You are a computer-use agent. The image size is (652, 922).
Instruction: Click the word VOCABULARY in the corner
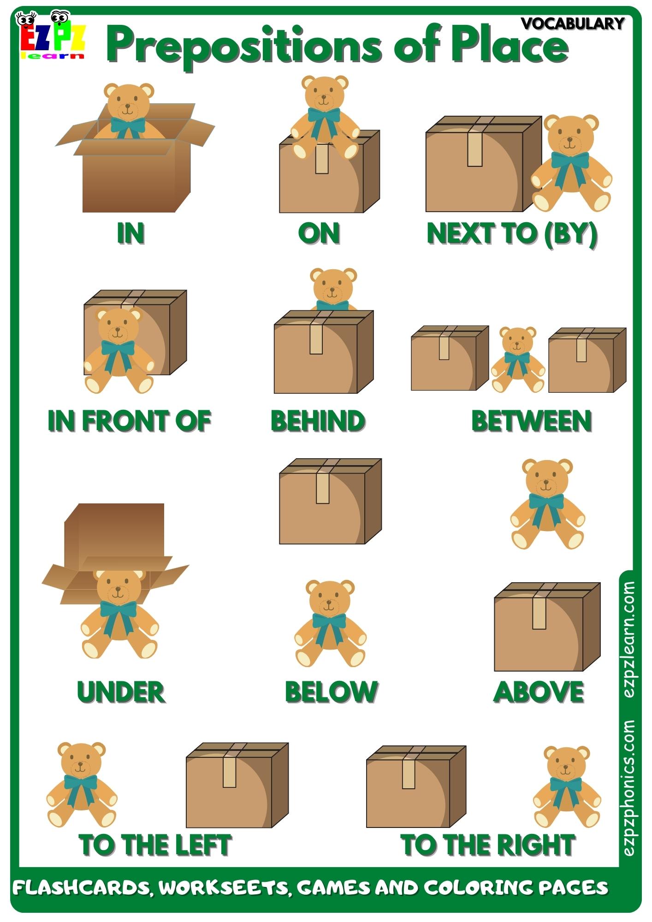573,23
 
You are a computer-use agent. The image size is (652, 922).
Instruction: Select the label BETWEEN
531,421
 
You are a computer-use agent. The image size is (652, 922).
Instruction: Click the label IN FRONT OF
130,421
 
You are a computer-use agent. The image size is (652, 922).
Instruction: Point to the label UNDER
121,692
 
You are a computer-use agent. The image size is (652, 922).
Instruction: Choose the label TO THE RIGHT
488,845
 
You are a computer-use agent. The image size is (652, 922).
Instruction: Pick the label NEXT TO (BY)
512,233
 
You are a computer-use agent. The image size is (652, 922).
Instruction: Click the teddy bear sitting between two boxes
518,360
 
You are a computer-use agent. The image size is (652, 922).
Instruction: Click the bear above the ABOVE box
547,503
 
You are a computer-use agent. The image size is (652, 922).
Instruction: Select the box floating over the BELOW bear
330,502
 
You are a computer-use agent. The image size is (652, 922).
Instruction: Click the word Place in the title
510,45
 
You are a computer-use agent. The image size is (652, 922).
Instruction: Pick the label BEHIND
318,421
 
